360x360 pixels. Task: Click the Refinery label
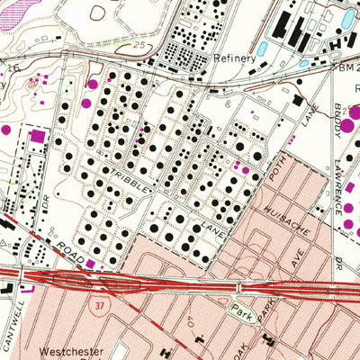[x=235, y=57]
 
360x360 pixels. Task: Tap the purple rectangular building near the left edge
[x=37, y=136]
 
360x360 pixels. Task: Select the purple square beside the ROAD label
[x=90, y=263]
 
